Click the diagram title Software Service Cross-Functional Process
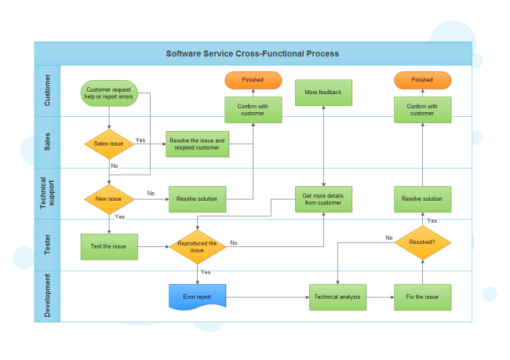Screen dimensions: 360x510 (253, 54)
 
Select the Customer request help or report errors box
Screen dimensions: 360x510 (109, 94)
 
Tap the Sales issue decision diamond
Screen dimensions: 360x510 (109, 144)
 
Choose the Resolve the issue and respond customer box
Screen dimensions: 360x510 (197, 144)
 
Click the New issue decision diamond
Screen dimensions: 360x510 (109, 199)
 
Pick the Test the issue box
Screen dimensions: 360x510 (109, 246)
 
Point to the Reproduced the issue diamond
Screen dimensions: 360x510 (197, 246)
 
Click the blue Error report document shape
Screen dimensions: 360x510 (197, 297)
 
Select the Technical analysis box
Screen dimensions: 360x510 (337, 297)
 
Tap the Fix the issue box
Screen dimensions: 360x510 (422, 297)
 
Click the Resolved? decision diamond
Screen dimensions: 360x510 (422, 242)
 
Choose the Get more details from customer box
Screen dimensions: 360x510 (323, 199)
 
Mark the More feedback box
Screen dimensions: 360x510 (323, 93)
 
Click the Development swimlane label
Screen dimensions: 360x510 (47, 296)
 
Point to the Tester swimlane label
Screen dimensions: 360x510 (47, 245)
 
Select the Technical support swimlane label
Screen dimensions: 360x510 (47, 193)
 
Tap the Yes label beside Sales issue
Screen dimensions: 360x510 (140, 140)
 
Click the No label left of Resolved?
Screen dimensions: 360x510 (388, 238)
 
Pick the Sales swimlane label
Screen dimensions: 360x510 (47, 142)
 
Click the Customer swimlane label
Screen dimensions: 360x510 (47, 90)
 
